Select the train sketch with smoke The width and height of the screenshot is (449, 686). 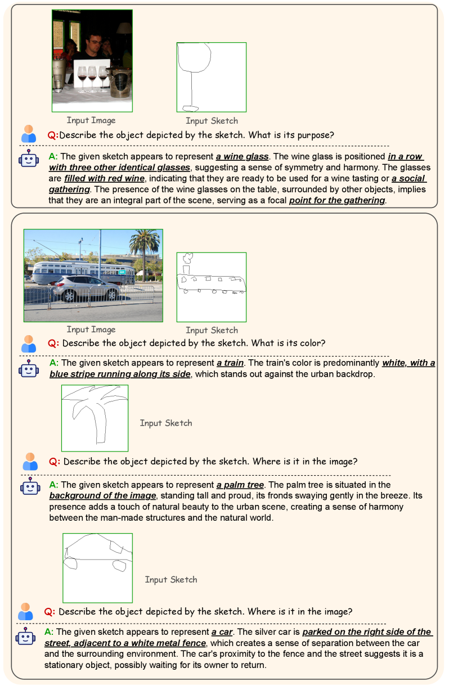pos(211,274)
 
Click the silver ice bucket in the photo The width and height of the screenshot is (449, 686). pos(120,83)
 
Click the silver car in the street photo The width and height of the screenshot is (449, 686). pos(87,288)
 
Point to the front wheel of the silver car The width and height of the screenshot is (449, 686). pos(69,296)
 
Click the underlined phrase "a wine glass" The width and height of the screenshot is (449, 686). pos(242,156)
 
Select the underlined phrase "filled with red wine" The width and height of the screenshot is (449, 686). pos(104,179)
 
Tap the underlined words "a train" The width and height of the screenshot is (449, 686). pos(230,363)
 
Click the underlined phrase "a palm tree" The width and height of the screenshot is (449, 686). pos(240,485)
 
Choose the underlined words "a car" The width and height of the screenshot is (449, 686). pos(222,632)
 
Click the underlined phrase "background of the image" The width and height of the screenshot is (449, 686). pos(102,495)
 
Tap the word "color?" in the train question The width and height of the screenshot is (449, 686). pos(313,343)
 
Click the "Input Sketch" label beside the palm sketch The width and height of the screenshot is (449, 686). pos(166,423)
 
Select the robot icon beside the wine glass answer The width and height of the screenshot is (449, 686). pos(29,159)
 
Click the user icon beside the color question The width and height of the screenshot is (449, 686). pos(29,344)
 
